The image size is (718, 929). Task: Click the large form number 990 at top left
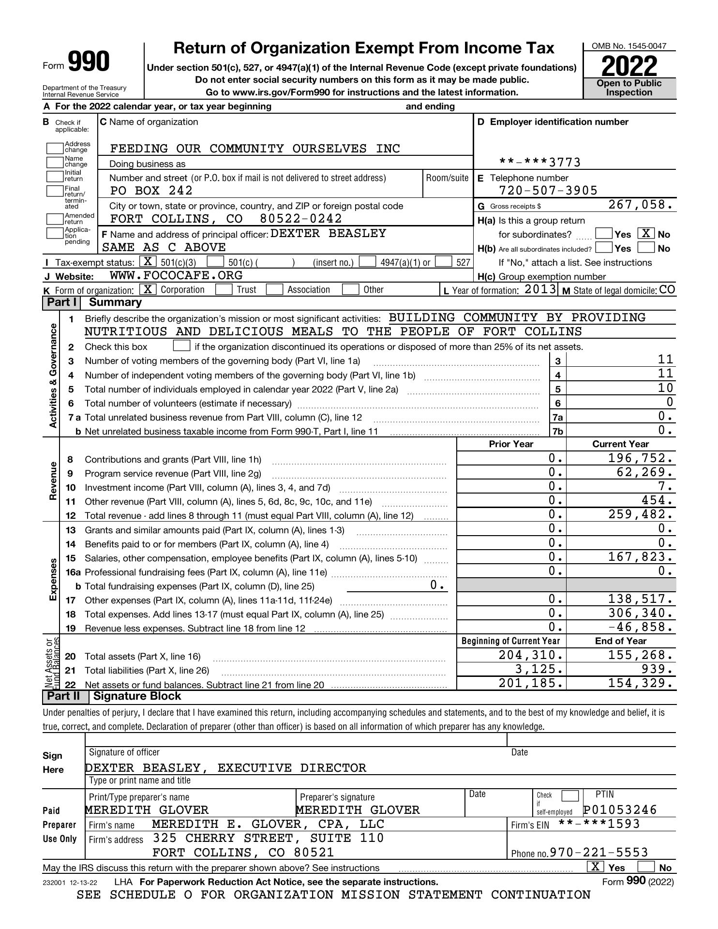(x=89, y=62)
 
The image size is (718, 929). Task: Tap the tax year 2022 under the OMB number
(x=629, y=66)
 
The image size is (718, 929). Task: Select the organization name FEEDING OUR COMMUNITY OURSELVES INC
(x=255, y=149)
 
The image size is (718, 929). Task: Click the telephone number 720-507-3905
(x=548, y=190)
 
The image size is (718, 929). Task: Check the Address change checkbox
(x=55, y=148)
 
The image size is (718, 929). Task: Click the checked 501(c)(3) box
(x=148, y=262)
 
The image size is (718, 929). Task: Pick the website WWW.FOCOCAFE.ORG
(x=176, y=276)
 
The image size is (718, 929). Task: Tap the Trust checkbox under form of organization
(x=223, y=290)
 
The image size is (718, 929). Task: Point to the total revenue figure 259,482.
(x=640, y=514)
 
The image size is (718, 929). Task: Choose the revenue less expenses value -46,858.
(x=640, y=628)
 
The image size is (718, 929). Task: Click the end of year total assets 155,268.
(x=640, y=656)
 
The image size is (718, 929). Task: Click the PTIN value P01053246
(x=620, y=810)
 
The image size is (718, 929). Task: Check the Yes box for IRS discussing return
(x=595, y=867)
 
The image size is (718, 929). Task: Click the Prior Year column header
(x=511, y=444)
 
